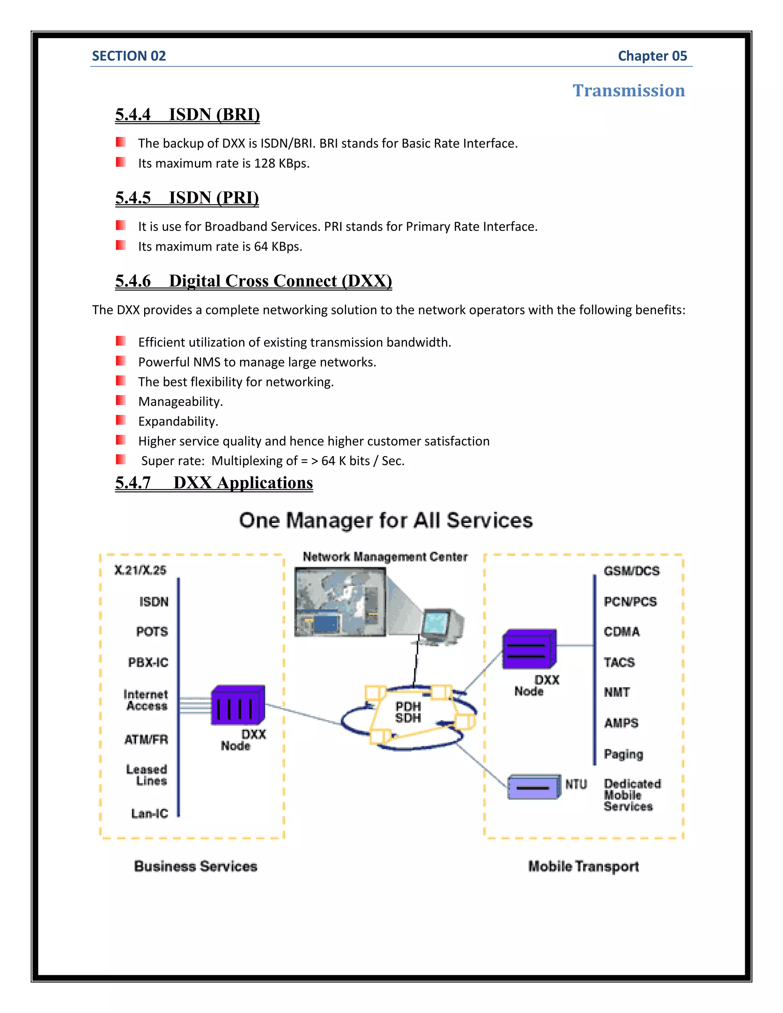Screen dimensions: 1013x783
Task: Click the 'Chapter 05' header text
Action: pyautogui.click(x=652, y=56)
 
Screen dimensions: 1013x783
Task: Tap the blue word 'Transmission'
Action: pyautogui.click(x=628, y=91)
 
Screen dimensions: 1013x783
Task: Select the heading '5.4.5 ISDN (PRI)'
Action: pyautogui.click(x=187, y=198)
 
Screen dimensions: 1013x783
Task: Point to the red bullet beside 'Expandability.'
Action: pyautogui.click(x=120, y=420)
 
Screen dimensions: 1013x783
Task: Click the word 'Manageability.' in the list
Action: pyautogui.click(x=180, y=402)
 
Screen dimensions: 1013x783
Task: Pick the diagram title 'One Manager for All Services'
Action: pyautogui.click(x=385, y=520)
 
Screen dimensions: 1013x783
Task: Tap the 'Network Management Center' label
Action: pyautogui.click(x=385, y=557)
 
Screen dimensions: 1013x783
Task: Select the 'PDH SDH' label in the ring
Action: pyautogui.click(x=408, y=712)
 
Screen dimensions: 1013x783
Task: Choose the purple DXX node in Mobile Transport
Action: pyautogui.click(x=529, y=649)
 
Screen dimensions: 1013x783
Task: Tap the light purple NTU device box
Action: pyautogui.click(x=533, y=787)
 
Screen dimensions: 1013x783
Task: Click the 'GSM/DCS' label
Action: pyautogui.click(x=631, y=571)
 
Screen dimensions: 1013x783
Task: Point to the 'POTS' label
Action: pyautogui.click(x=152, y=632)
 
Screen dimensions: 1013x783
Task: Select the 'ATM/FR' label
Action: pyautogui.click(x=146, y=739)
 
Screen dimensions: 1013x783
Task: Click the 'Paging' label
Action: pyautogui.click(x=623, y=754)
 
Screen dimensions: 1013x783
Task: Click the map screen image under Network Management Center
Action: pyautogui.click(x=340, y=602)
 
